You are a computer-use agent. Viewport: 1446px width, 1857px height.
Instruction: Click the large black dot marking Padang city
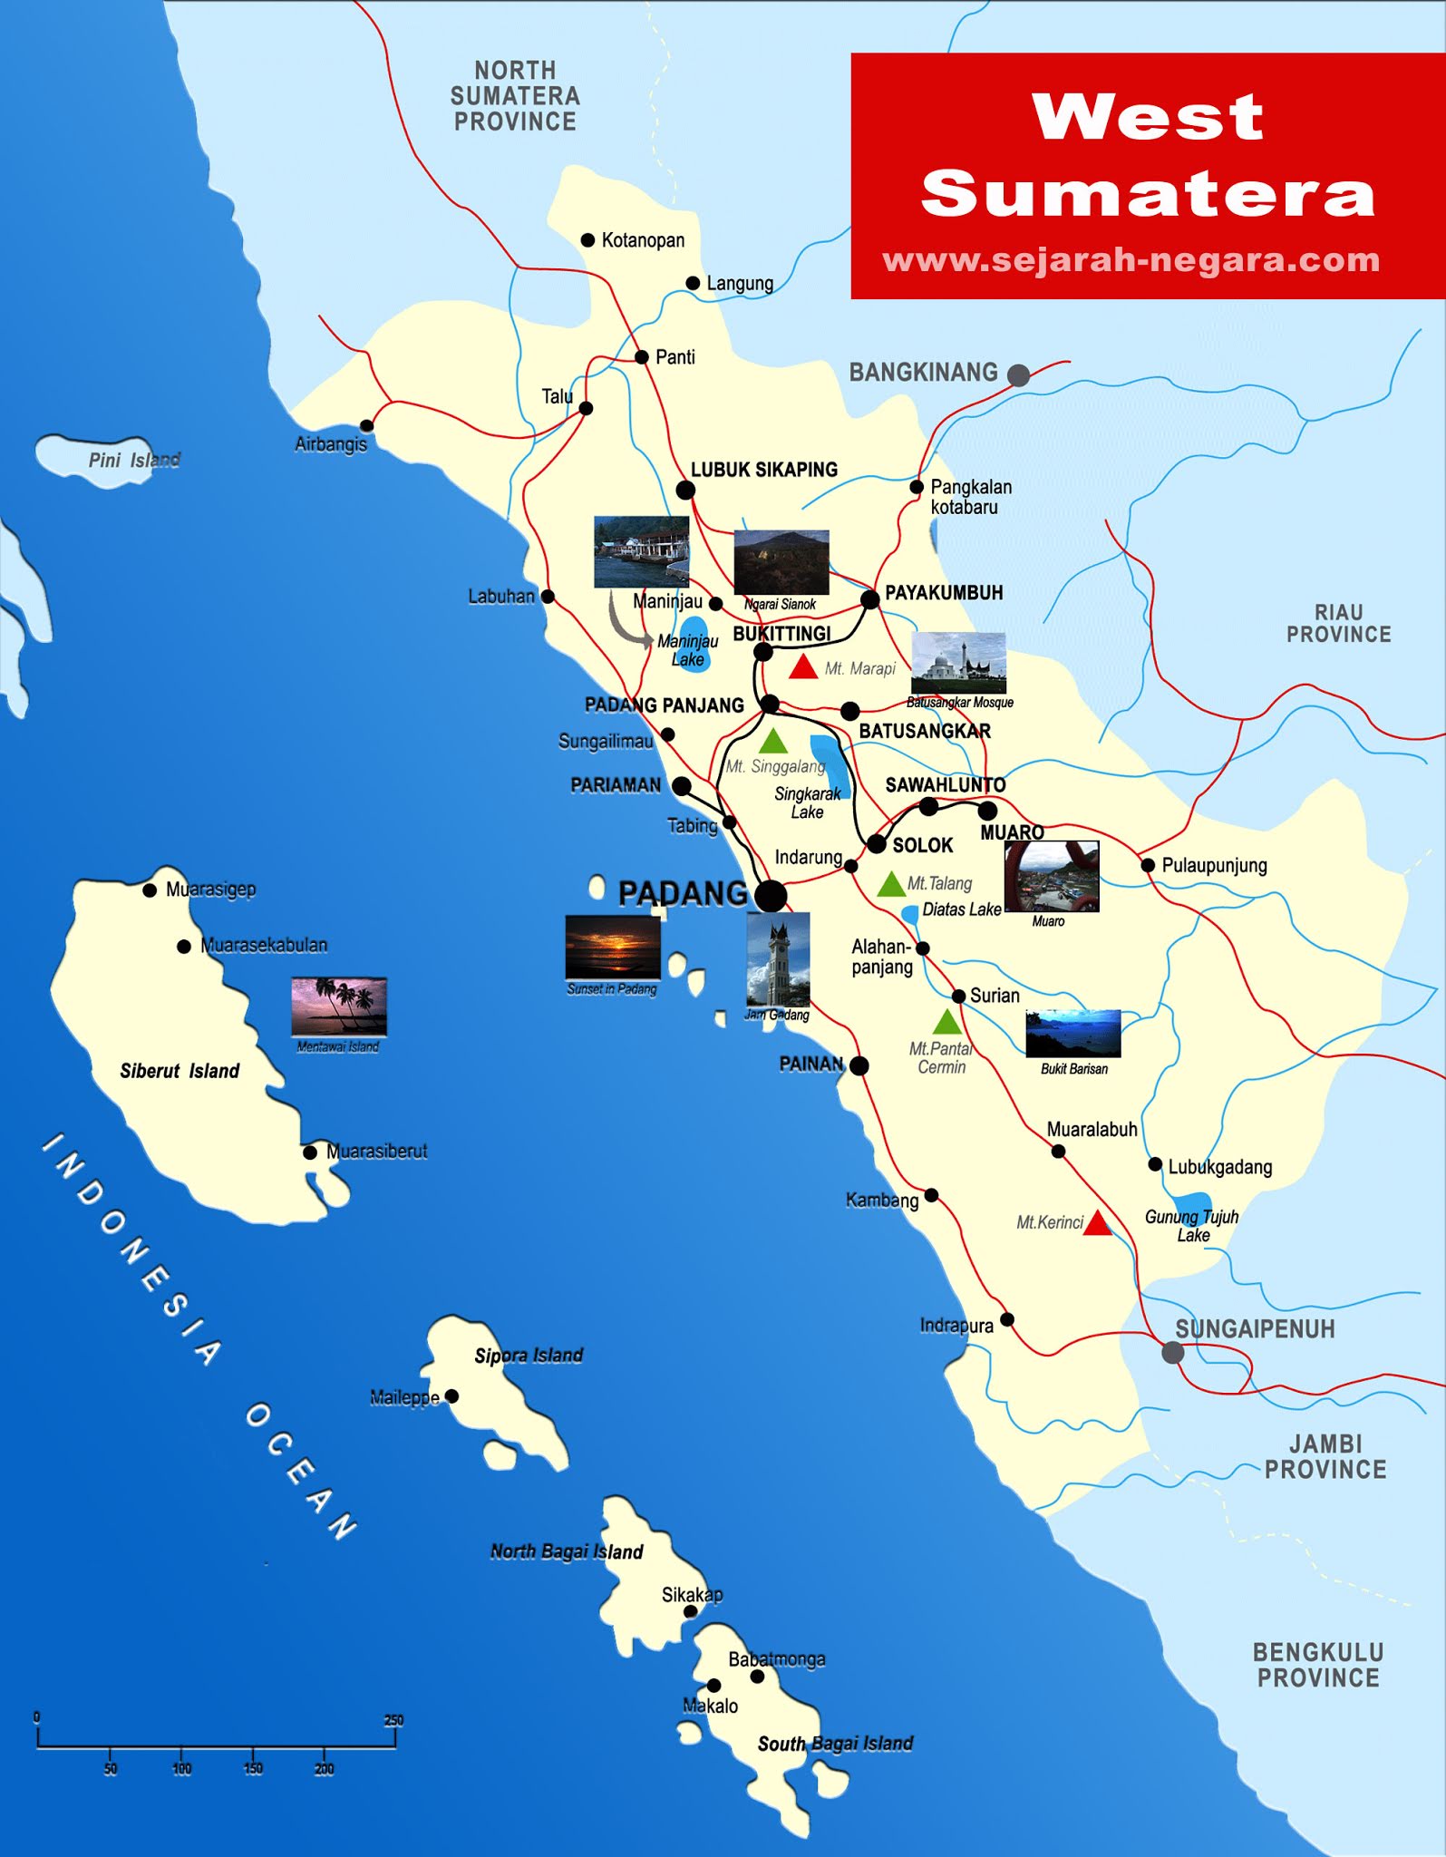point(771,896)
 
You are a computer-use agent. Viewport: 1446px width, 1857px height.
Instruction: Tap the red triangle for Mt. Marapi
point(803,668)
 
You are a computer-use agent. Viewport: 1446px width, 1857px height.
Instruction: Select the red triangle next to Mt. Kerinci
point(1098,1224)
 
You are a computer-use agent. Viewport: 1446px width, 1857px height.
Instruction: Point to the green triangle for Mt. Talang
point(891,884)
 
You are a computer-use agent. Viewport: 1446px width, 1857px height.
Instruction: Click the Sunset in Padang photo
point(613,947)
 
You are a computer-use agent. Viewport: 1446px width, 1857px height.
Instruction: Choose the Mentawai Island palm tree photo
point(339,1006)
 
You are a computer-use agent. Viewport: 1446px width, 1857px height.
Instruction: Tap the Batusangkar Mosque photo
point(958,663)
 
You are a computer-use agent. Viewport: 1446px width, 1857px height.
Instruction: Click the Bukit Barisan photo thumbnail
point(1073,1034)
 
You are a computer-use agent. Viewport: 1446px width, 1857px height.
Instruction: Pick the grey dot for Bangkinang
point(1019,375)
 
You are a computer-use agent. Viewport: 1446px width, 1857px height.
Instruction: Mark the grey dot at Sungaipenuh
point(1172,1353)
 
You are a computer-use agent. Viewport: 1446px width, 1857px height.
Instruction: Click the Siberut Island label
point(180,1071)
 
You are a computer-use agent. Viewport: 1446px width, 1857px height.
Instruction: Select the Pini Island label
point(134,460)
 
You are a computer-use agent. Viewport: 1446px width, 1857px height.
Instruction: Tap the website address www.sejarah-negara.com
point(1131,260)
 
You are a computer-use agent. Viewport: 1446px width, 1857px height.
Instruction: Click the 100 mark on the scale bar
point(182,1767)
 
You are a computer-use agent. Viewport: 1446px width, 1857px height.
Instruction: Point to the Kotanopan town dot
point(587,240)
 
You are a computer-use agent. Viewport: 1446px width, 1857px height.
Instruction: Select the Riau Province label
point(1338,623)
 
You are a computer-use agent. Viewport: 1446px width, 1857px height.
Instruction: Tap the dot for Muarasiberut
point(310,1152)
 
